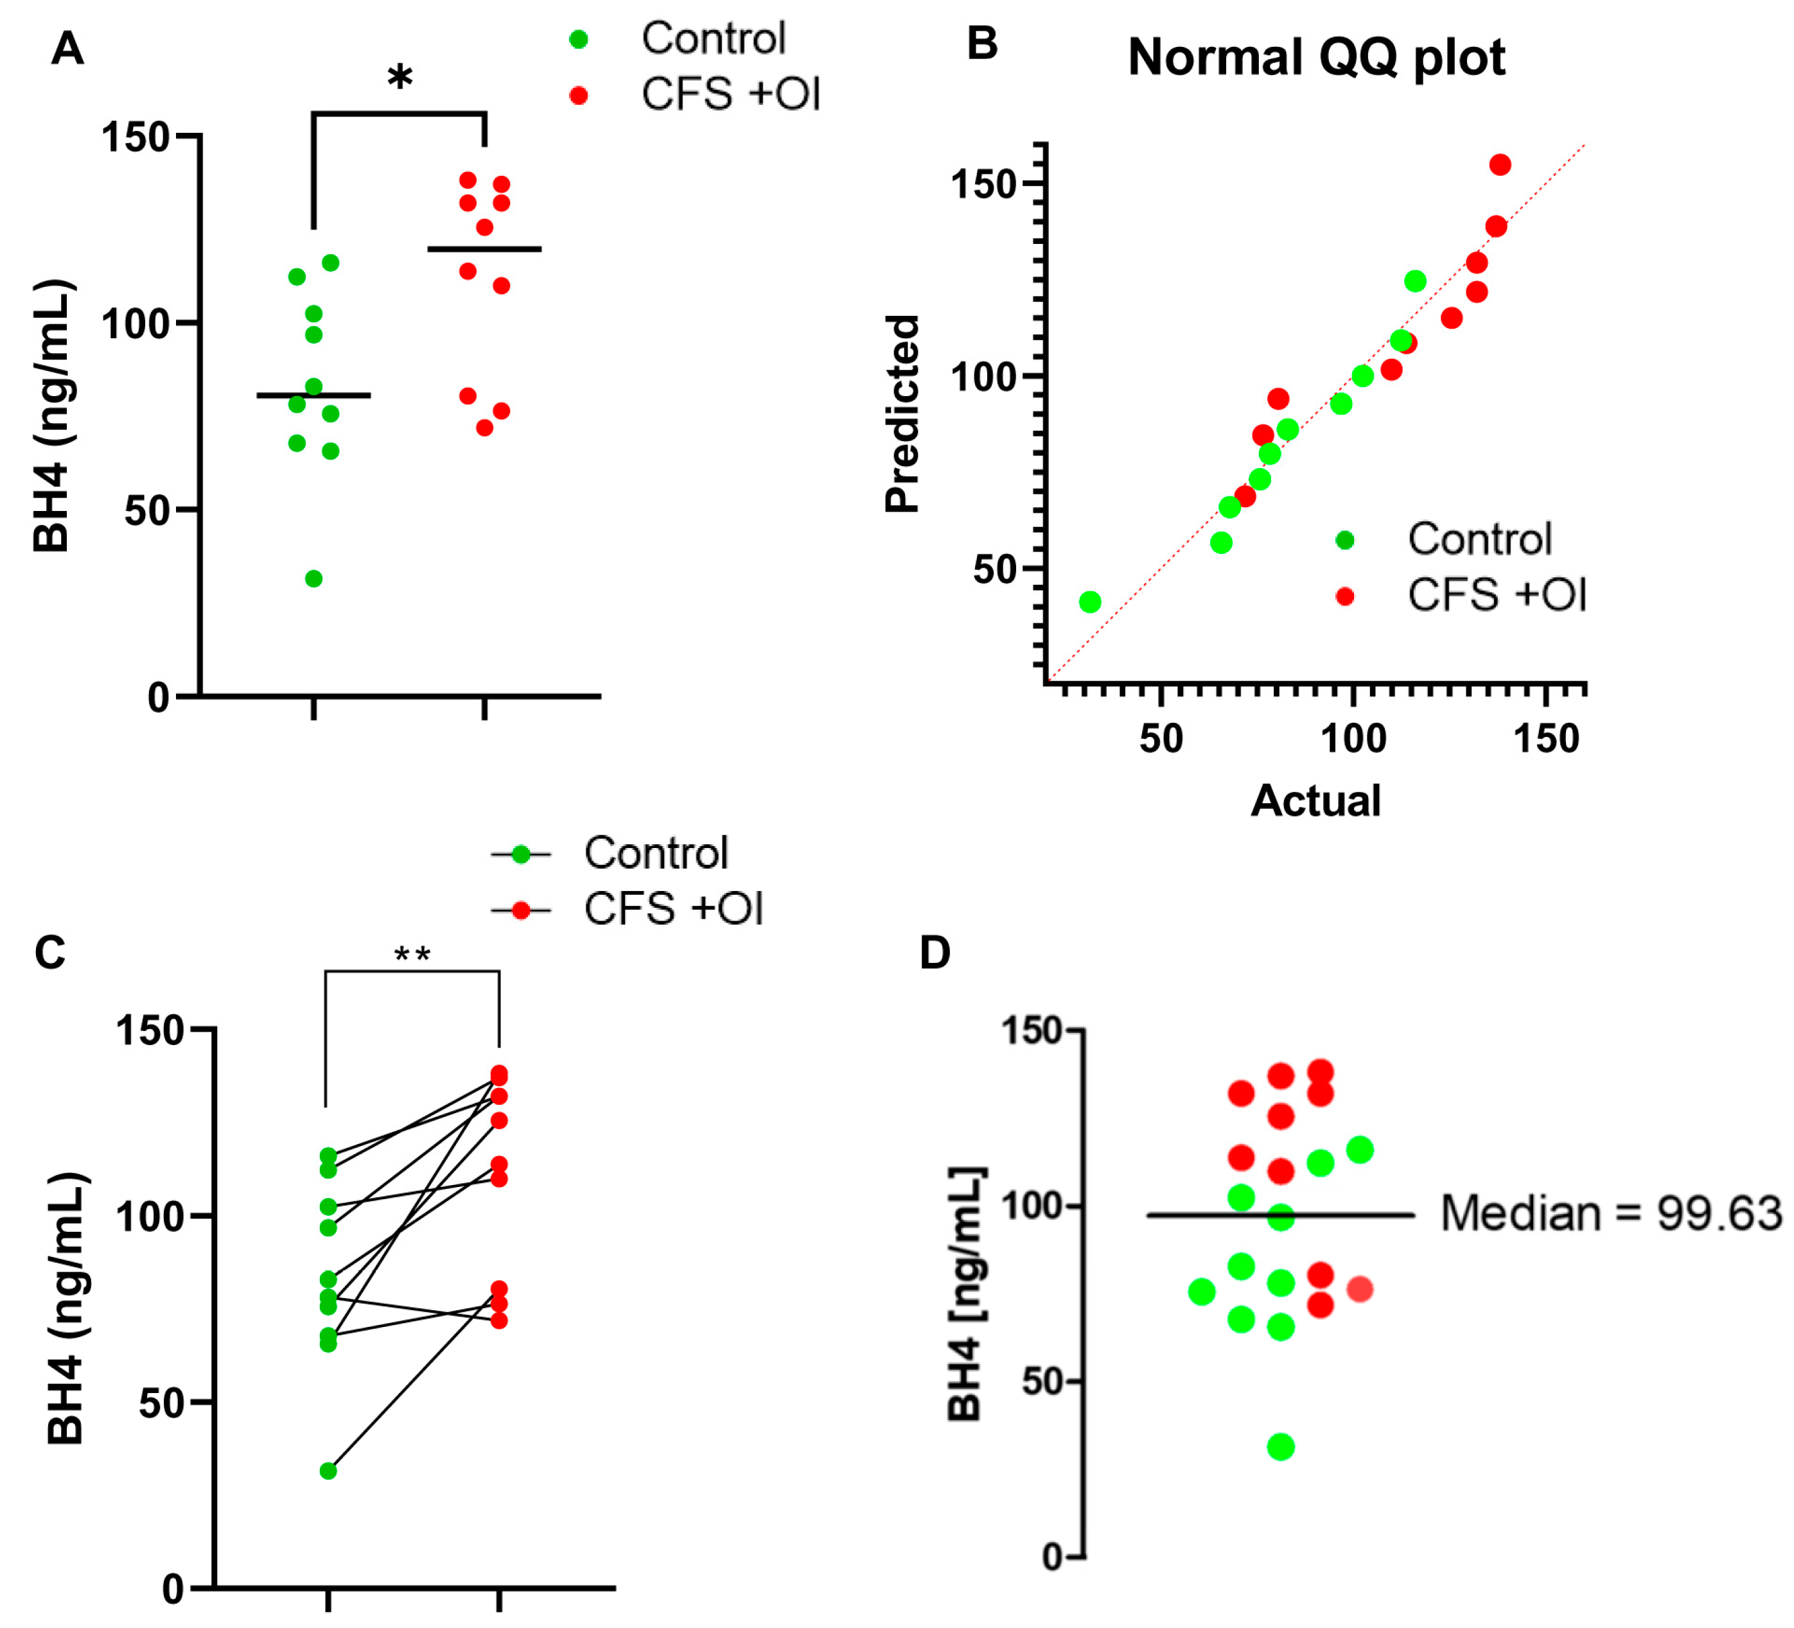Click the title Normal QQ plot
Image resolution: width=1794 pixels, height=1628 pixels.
(1316, 58)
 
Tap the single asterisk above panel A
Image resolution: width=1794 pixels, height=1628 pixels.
(400, 78)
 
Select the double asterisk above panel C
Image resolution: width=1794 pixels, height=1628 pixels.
(412, 954)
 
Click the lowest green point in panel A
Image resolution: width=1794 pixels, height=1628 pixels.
(313, 578)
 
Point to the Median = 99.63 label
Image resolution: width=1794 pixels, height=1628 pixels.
(1611, 1213)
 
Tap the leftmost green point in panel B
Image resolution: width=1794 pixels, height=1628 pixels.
(1089, 602)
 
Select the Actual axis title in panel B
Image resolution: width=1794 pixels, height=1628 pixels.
(1315, 800)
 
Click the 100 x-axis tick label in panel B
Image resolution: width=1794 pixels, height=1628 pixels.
(1353, 738)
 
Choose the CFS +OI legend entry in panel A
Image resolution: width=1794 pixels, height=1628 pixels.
(694, 94)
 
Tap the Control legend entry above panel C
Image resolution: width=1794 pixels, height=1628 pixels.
(610, 853)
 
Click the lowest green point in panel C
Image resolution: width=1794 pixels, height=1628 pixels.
(328, 1471)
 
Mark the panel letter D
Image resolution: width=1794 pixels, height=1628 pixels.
(935, 952)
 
